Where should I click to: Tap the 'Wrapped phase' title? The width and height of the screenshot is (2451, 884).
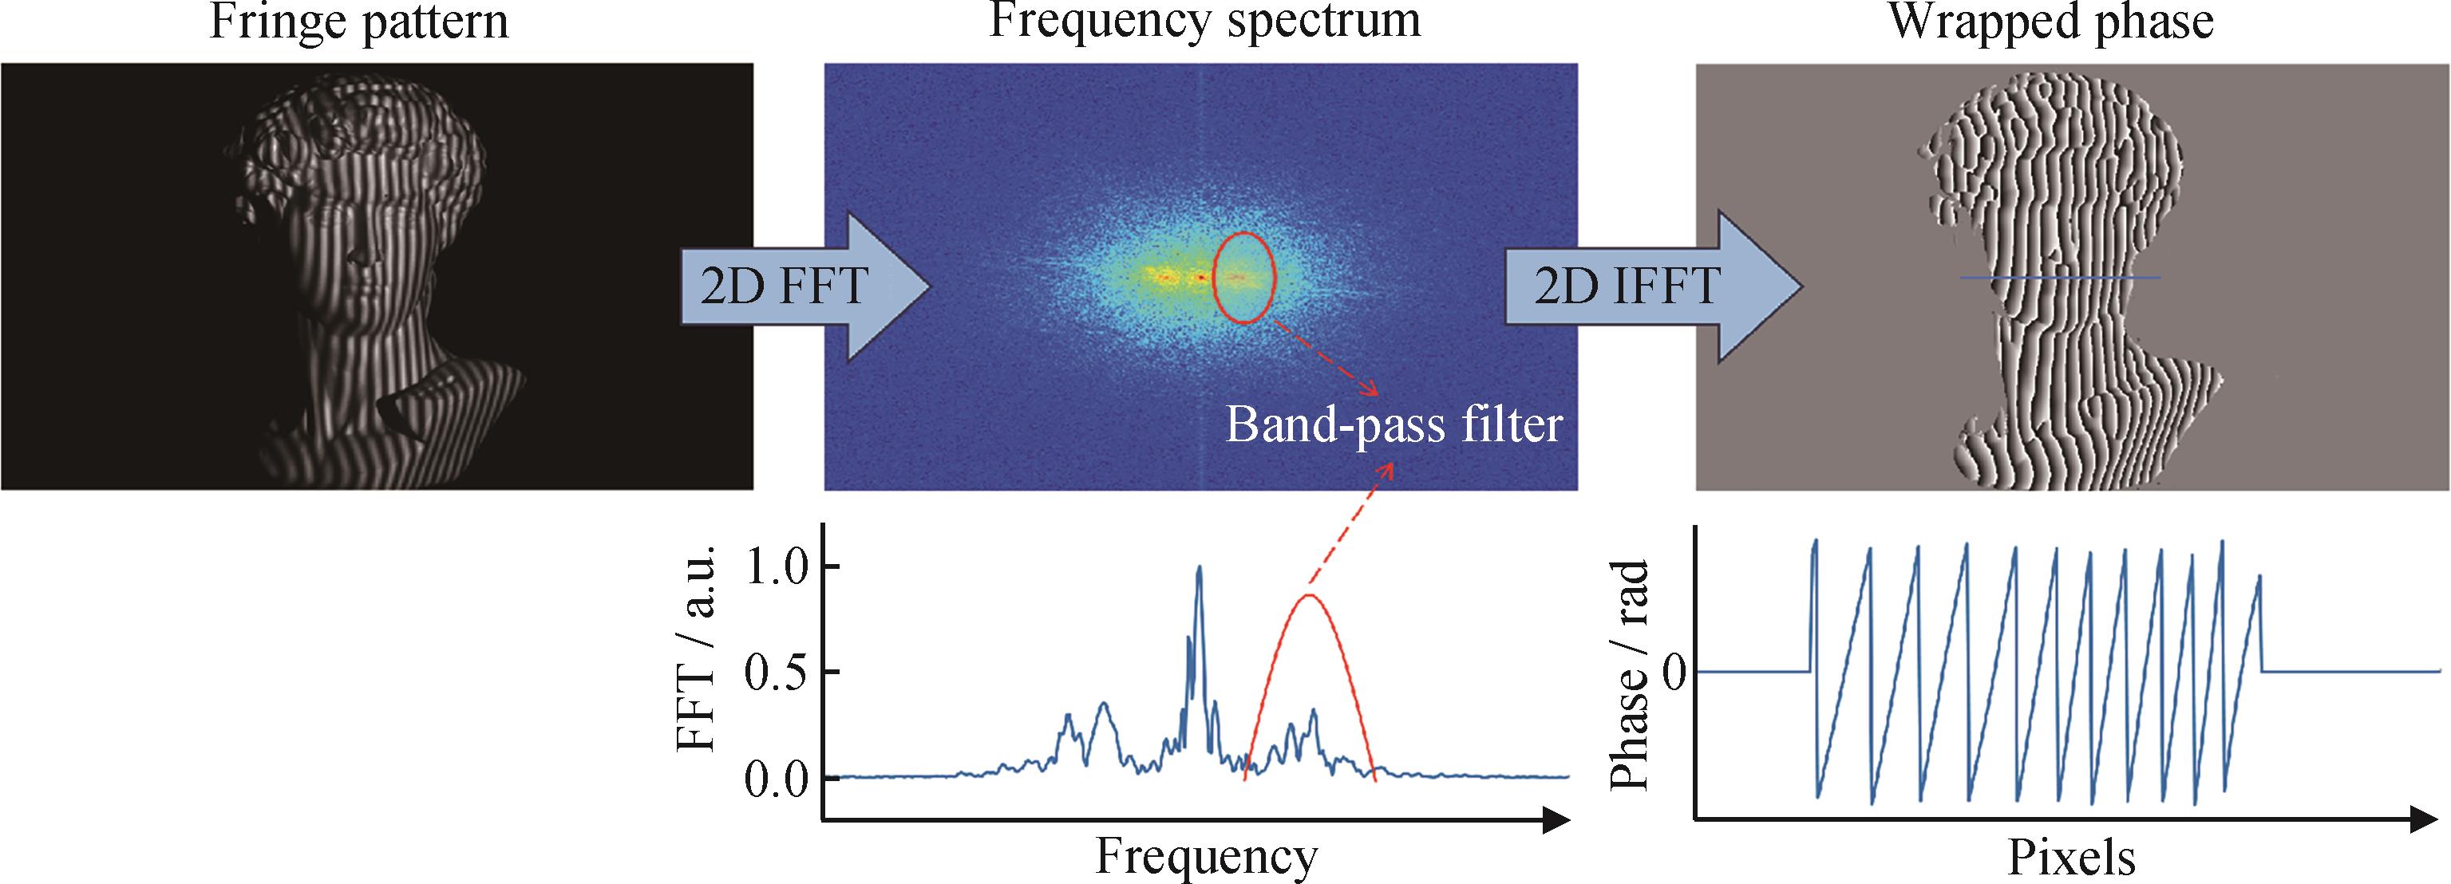coord(2050,21)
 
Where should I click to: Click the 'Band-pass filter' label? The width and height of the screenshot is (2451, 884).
coord(1394,424)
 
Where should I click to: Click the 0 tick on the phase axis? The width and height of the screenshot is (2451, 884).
coord(1674,673)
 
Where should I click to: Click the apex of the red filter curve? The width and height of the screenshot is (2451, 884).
coord(1309,596)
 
